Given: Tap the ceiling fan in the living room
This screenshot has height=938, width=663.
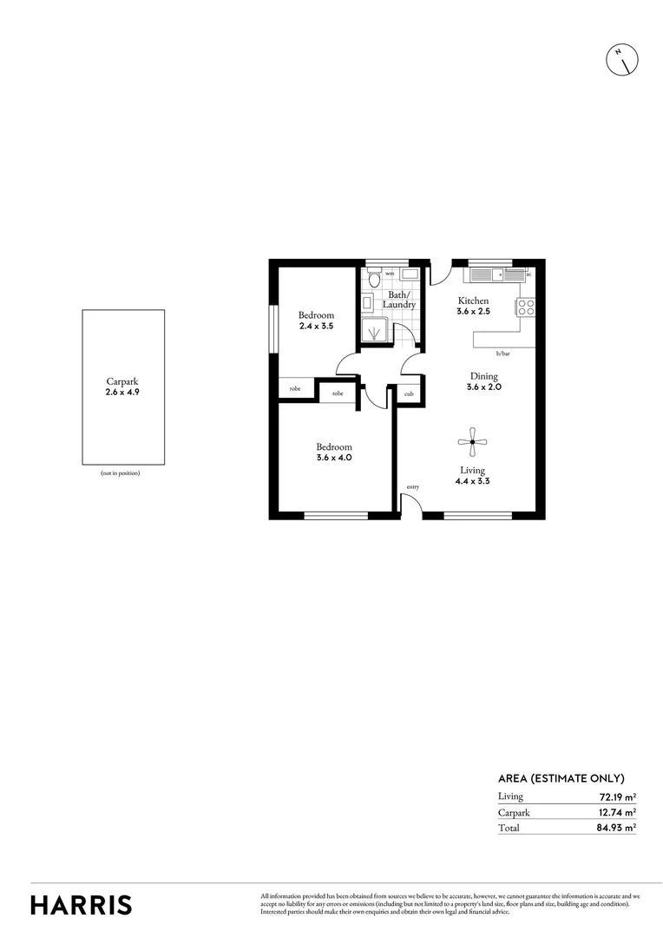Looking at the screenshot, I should coord(472,442).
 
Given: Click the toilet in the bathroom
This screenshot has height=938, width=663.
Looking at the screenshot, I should coord(372,279).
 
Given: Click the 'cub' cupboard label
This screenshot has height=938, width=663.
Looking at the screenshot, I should coord(409,393).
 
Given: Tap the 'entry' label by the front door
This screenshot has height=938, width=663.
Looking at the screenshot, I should coord(412,487).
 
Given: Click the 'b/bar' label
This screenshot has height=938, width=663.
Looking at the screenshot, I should coord(502,353).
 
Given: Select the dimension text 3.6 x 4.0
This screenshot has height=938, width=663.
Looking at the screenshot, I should coord(333,458).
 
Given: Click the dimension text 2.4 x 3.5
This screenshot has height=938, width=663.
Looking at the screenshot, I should coord(316,326).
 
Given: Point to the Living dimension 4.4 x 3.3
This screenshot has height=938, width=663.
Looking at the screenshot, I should coord(472,480).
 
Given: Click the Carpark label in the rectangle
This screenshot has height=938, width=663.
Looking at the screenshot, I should coord(122,381).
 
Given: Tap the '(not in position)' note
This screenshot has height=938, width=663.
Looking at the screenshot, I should coord(121,472).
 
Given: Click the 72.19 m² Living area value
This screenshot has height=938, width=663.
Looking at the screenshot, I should coord(617,796).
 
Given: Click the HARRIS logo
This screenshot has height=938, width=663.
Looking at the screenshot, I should coord(82,904).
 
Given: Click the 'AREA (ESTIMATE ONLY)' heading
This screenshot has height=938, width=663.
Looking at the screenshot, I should coord(561,778).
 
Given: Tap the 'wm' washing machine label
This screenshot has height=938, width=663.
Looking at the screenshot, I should coord(390,274).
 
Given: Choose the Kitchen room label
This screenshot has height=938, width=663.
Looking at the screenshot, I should coord(474,301).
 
